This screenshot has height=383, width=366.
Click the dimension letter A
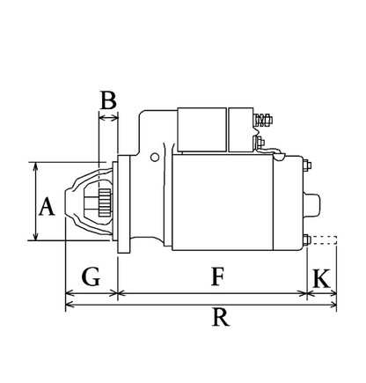tap(47, 207)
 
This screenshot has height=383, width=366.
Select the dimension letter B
tap(108, 100)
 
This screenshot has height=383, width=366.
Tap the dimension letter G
tap(91, 276)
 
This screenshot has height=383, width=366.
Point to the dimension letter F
tap(218, 276)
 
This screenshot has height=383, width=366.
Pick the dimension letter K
tap(322, 278)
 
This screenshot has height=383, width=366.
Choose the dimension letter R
tap(221, 317)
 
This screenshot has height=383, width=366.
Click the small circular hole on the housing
tap(155, 158)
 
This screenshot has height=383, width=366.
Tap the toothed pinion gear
tap(105, 203)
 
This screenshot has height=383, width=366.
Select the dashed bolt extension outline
tap(324, 239)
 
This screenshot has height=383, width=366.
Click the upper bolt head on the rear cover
tap(307, 165)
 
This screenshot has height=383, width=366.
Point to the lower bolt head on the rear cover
tap(307, 239)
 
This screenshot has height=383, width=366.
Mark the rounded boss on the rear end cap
tap(312, 204)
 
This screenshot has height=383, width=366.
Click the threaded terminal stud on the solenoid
tap(263, 120)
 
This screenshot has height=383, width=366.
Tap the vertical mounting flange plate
tap(124, 204)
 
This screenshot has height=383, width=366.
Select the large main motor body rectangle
tap(223, 203)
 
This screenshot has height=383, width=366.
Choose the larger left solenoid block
tap(201, 129)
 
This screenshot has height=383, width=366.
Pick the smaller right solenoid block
tap(241, 129)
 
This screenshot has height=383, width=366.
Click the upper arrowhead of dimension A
tap(36, 166)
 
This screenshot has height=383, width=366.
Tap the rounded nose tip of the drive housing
tap(66, 203)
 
